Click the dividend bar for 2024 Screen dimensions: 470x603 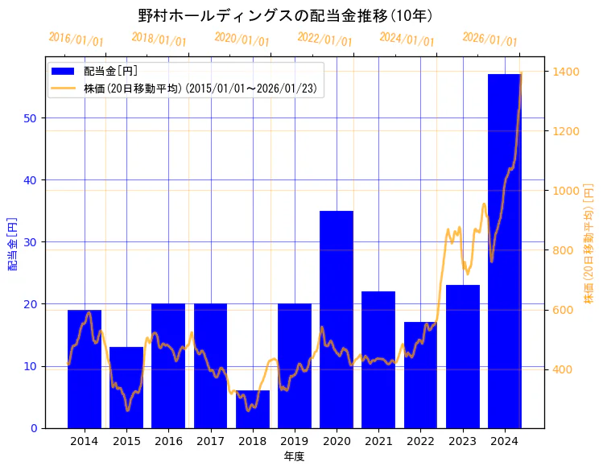coord(504,250)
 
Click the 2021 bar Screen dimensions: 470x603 coord(378,359)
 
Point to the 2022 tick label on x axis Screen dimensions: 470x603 coord(420,441)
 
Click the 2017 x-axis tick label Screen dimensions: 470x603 coord(210,441)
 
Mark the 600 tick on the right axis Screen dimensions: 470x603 coord(560,310)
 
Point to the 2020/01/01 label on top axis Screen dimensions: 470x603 coord(242,39)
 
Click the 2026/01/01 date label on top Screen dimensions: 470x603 coord(489,39)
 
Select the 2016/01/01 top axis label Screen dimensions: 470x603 coord(76,39)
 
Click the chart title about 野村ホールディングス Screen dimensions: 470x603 coord(286,15)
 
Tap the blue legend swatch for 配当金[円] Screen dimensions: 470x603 coord(65,71)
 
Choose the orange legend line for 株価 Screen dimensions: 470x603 coord(65,88)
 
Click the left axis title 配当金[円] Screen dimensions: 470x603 coord(12,243)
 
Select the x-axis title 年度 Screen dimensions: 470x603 coord(294,456)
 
